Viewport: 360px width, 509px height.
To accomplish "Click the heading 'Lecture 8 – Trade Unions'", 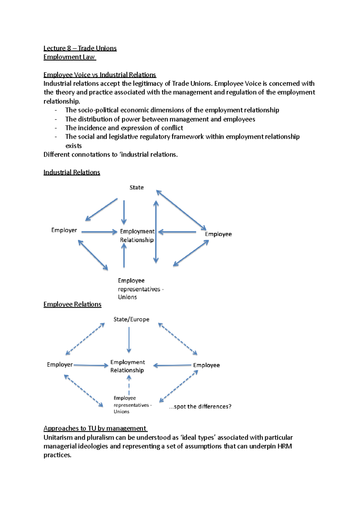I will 80,48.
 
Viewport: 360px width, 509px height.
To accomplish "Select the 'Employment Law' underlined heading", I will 69,57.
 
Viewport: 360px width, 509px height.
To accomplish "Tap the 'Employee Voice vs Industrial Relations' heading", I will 100,75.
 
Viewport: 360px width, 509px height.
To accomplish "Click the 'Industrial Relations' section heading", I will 72,172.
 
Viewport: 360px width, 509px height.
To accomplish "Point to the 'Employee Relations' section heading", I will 72,304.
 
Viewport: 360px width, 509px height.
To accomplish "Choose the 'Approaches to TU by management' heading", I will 95,428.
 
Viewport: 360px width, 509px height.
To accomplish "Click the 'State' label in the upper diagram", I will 136,188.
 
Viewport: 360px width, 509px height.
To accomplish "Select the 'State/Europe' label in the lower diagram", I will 131,320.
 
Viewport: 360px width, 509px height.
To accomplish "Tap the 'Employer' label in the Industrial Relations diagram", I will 64,230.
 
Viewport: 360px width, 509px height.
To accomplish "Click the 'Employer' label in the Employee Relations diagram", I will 60,365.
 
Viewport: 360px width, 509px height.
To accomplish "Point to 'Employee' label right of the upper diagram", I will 218,234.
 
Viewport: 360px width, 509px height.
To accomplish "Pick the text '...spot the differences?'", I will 200,406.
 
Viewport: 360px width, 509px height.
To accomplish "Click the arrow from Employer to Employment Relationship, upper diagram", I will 99,232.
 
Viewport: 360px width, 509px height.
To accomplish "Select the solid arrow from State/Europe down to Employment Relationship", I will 129,340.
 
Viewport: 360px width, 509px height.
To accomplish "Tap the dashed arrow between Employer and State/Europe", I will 85,339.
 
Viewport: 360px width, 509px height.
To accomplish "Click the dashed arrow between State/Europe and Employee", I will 178,339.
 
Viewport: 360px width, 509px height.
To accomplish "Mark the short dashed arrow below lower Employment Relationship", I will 129,385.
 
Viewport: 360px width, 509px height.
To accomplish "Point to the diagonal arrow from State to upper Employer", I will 101,209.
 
